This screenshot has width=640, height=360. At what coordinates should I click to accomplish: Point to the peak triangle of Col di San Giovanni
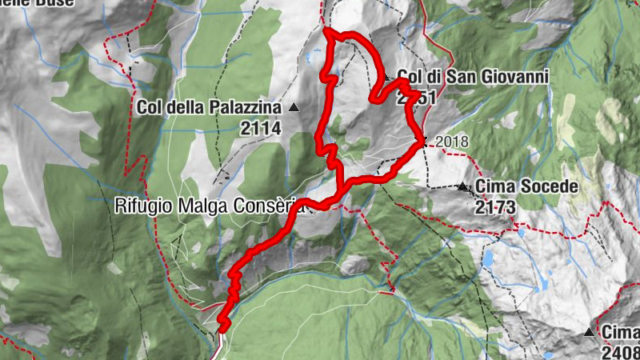click(386, 78)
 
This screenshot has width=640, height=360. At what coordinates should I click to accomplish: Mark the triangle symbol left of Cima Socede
click(462, 187)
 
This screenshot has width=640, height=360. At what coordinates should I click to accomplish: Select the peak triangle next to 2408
click(590, 332)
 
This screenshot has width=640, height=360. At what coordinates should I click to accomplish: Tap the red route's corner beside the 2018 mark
click(422, 142)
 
